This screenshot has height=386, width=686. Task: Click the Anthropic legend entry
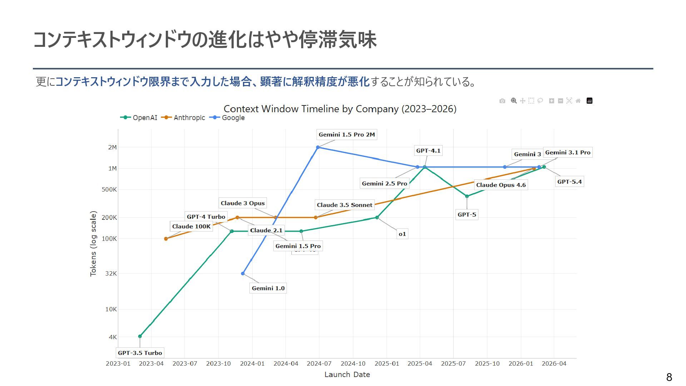(x=183, y=118)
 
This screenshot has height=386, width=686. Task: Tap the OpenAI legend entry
(x=139, y=118)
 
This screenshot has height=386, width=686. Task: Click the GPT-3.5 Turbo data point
(x=140, y=336)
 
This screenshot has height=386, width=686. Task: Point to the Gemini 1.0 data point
(x=243, y=274)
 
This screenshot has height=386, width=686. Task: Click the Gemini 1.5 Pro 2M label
(x=347, y=135)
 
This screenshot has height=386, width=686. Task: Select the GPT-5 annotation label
(x=467, y=215)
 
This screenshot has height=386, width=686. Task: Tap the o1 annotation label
(x=402, y=234)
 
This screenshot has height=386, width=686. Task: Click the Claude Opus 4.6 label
(x=501, y=185)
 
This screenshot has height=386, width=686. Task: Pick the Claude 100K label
(x=191, y=227)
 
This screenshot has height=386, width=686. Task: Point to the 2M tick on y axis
(x=112, y=147)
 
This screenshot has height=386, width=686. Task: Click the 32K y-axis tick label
(x=111, y=274)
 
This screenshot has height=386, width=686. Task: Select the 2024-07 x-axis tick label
(x=319, y=364)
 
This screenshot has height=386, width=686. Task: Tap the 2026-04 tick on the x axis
(x=554, y=364)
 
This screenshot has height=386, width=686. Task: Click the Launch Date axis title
(x=347, y=375)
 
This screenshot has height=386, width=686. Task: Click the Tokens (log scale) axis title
(x=93, y=244)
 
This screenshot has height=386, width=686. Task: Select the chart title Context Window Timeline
(x=340, y=109)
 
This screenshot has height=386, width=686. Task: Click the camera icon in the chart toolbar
(x=502, y=101)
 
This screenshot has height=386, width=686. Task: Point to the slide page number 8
(x=669, y=377)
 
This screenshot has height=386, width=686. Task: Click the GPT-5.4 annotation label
(x=570, y=182)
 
